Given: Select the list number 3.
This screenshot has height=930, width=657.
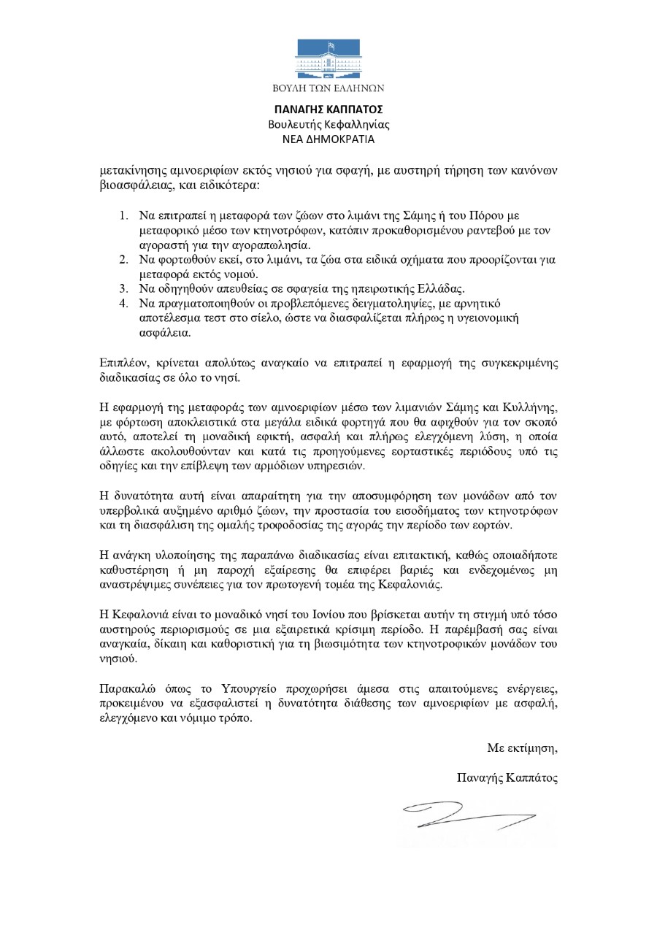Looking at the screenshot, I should tap(122, 288).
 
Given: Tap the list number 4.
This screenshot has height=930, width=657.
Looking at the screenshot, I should tap(122, 302).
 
